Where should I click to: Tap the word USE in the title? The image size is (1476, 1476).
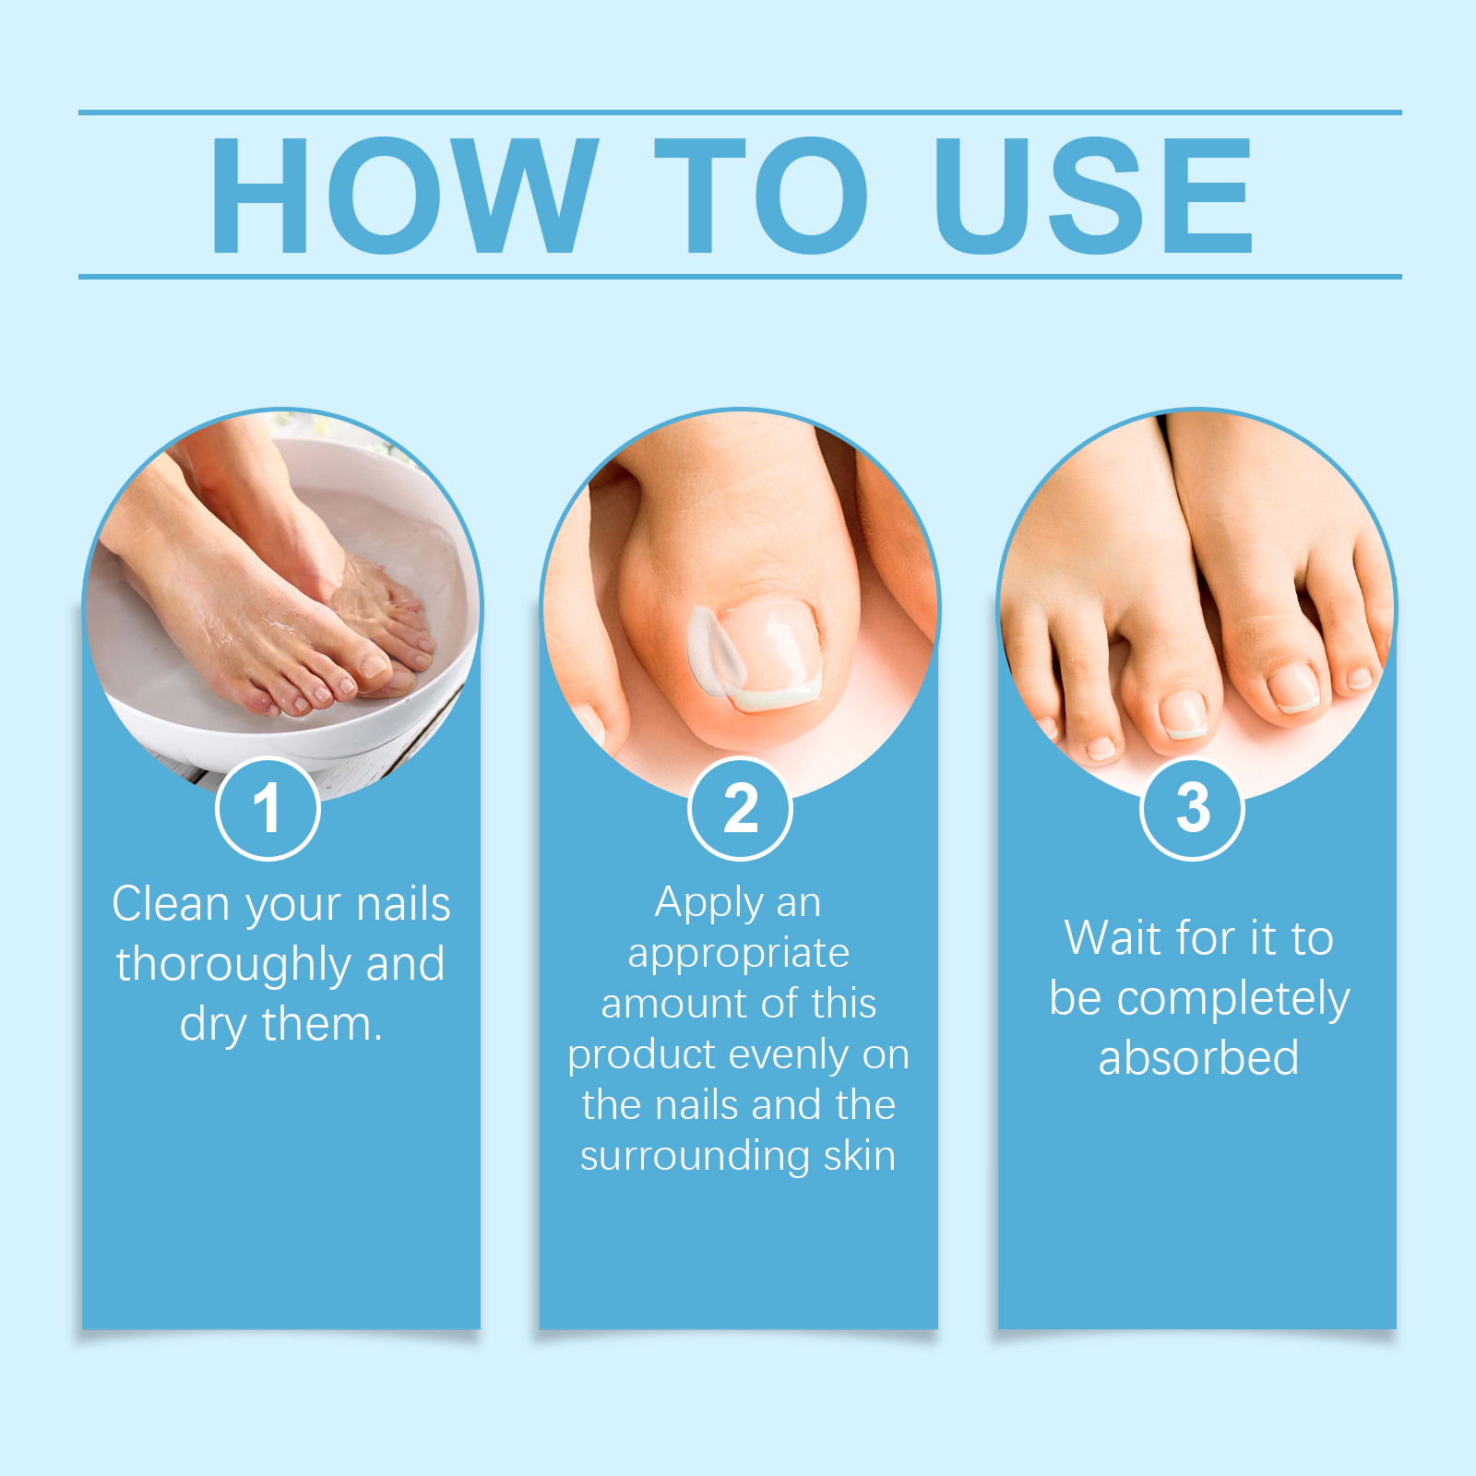point(1094,195)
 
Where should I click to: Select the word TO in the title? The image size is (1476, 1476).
point(762,195)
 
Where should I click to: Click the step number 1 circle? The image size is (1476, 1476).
point(268,808)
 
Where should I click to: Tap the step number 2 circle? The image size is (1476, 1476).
point(740,808)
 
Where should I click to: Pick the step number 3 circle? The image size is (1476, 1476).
point(1192,808)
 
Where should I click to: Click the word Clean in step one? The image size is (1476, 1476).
point(171,904)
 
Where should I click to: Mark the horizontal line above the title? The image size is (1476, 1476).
point(740,113)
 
